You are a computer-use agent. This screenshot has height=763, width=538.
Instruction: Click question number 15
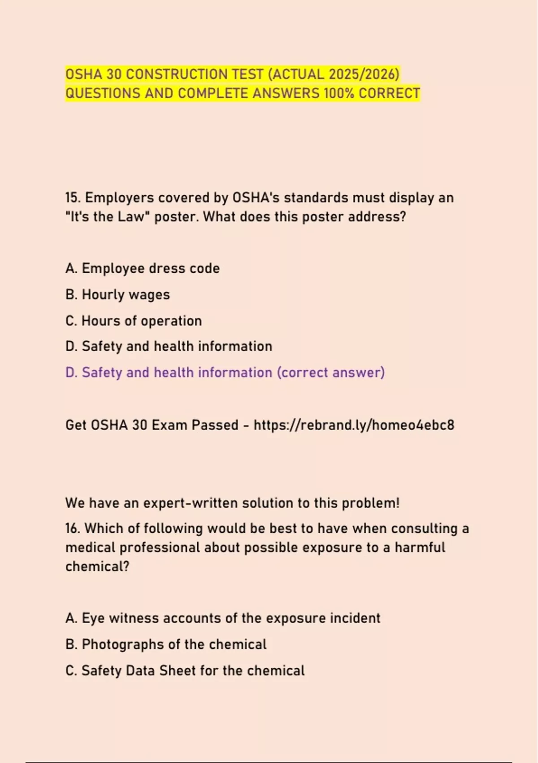pyautogui.click(x=73, y=198)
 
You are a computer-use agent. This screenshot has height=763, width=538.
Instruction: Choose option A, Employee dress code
pyautogui.click(x=143, y=268)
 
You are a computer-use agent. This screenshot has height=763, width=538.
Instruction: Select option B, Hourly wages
pyautogui.click(x=117, y=295)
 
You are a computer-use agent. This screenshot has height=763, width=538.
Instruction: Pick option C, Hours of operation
pyautogui.click(x=134, y=321)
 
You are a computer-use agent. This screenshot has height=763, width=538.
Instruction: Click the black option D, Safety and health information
pyautogui.click(x=169, y=346)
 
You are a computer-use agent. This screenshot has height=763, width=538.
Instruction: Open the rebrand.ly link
pyautogui.click(x=354, y=425)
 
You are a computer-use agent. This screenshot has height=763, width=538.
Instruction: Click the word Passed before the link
pyautogui.click(x=215, y=425)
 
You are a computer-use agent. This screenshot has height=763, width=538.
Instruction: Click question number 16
pyautogui.click(x=73, y=529)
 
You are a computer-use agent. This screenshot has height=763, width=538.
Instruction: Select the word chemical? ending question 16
pyautogui.click(x=97, y=566)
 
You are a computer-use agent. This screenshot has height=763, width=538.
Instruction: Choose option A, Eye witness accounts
pyautogui.click(x=223, y=618)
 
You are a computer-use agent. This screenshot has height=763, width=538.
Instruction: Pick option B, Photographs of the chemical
pyautogui.click(x=166, y=645)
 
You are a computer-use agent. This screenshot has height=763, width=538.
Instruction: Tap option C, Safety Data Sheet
pyautogui.click(x=185, y=671)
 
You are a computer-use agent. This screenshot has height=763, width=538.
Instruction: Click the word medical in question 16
pyautogui.click(x=90, y=548)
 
